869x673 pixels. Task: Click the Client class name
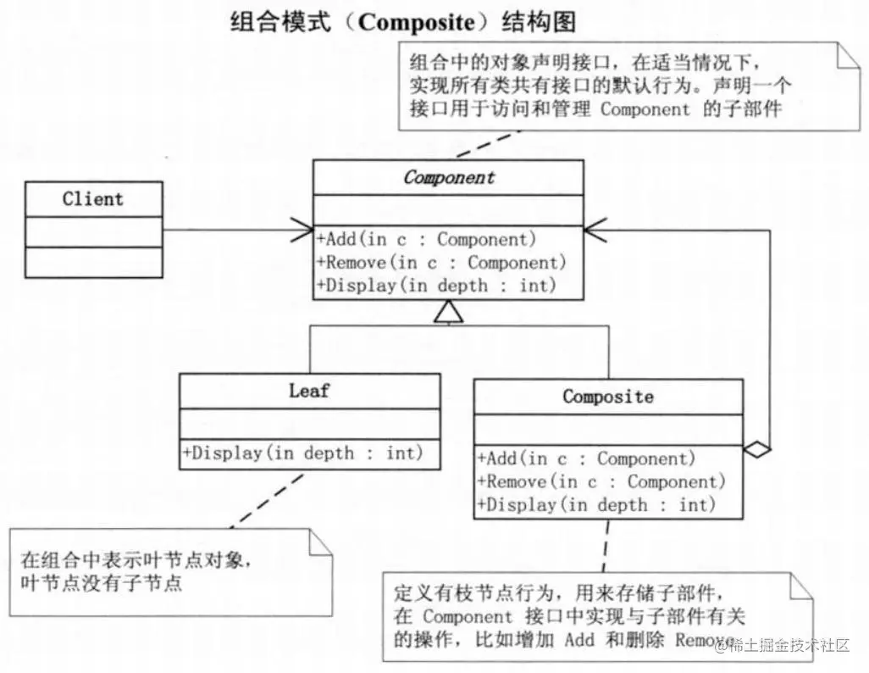click(93, 200)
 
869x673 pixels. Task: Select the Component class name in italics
click(449, 178)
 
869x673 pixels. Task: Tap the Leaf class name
click(309, 391)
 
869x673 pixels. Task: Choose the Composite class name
click(608, 397)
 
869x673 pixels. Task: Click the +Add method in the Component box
click(427, 240)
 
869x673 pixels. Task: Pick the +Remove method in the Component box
click(441, 263)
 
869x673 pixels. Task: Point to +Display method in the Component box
click(437, 286)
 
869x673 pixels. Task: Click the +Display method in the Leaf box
click(302, 453)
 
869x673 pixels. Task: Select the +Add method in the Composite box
click(587, 459)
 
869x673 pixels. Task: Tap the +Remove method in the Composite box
click(602, 482)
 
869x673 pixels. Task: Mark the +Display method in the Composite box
click(597, 505)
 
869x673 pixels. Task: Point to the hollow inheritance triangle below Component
click(448, 314)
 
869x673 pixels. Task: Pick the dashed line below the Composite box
click(605, 546)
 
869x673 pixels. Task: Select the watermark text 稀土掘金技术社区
click(783, 646)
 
